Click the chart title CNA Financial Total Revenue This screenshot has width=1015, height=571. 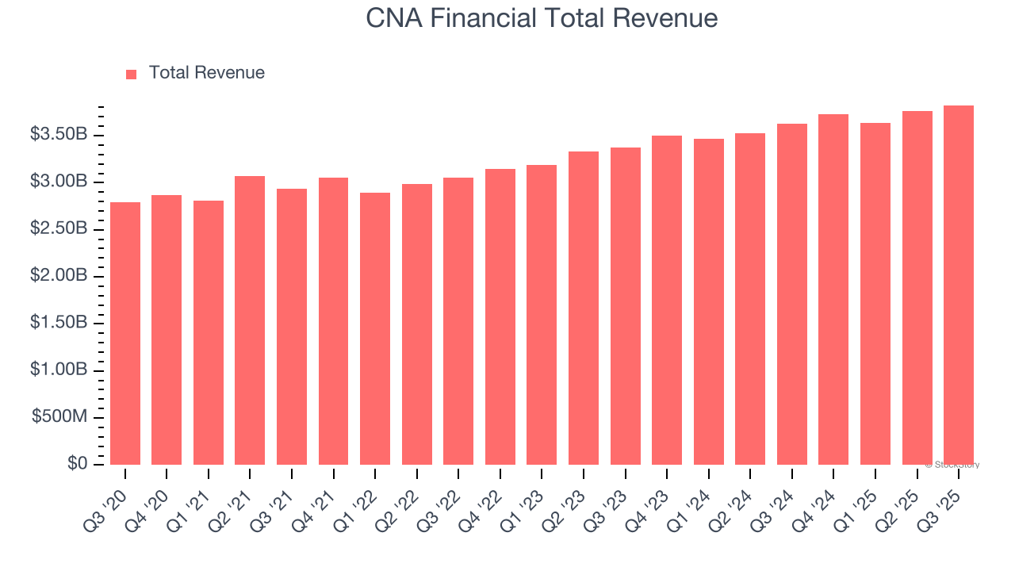point(542,18)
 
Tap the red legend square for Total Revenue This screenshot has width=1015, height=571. point(132,74)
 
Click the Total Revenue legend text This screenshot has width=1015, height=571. point(206,73)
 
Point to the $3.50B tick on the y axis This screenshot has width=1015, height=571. point(59,135)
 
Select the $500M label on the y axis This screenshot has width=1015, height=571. point(59,417)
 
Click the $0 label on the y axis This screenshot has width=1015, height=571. point(77,464)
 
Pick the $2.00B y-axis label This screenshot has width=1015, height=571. point(59,276)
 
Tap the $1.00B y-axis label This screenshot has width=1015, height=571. point(59,370)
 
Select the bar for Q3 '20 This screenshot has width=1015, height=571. point(125,333)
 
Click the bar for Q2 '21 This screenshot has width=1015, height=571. point(250,320)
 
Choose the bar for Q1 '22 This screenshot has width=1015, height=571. point(375,328)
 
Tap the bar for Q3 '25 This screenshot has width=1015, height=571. point(959,285)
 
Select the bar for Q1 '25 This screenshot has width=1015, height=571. point(875,293)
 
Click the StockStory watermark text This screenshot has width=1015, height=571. point(952,465)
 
